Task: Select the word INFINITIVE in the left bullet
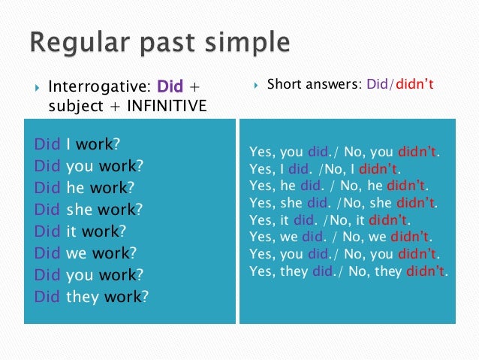[x=165, y=106]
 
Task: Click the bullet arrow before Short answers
[x=256, y=86]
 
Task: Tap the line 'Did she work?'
[x=89, y=210]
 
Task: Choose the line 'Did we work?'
[x=86, y=253]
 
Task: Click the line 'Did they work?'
[x=92, y=297]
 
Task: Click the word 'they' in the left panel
[x=83, y=297]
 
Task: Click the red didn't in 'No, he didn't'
[x=405, y=186]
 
